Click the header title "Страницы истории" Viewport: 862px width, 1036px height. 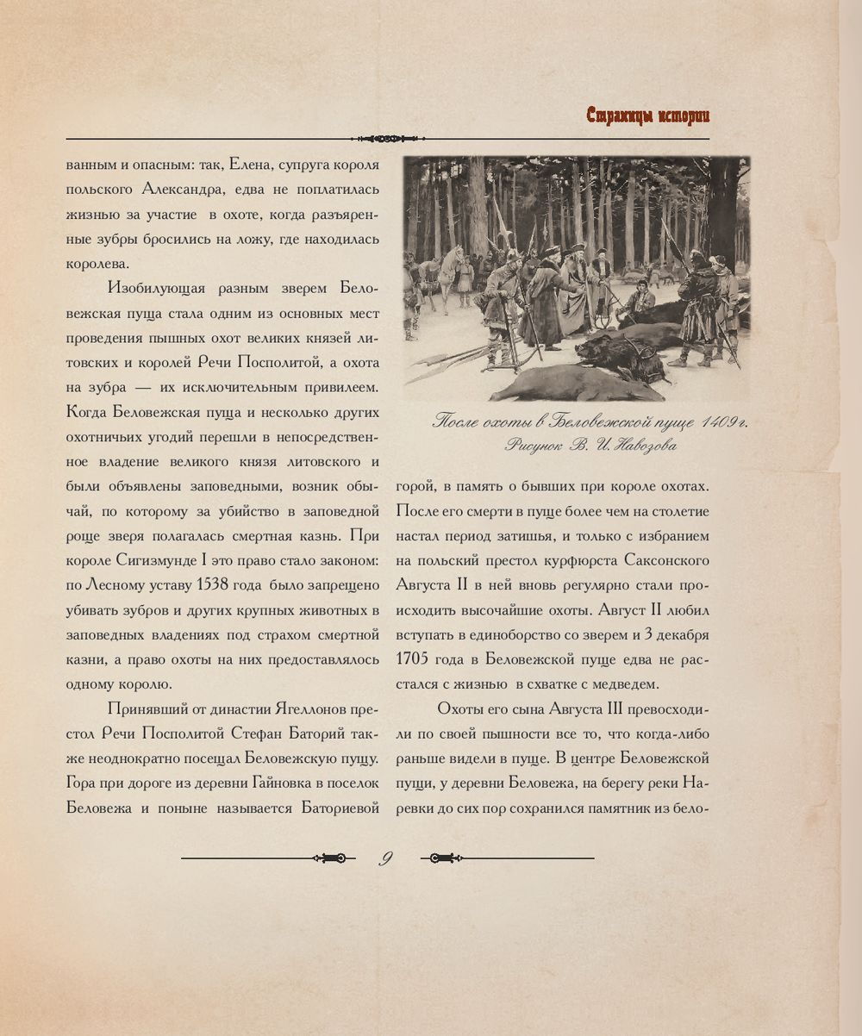tap(647, 115)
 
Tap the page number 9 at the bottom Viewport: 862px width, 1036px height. tap(387, 858)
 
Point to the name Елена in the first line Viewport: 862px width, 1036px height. tap(250, 164)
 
